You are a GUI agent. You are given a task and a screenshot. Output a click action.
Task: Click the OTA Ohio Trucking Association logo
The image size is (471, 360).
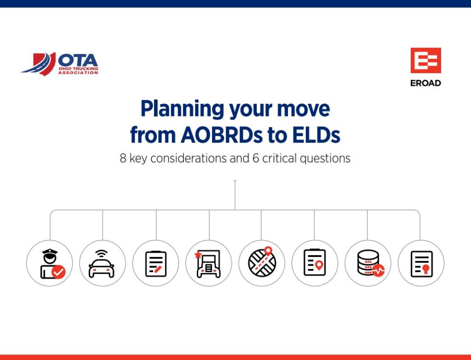point(60,63)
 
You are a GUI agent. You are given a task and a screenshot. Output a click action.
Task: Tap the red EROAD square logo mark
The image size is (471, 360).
point(425,60)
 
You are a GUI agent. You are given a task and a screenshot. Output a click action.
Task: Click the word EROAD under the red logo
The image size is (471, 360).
point(425,83)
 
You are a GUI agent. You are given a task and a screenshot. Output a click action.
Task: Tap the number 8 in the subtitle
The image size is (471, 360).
point(123,159)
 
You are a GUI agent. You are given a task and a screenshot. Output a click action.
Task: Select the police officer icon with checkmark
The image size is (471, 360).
point(50,263)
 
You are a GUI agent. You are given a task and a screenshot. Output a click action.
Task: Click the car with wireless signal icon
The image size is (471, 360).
point(103,263)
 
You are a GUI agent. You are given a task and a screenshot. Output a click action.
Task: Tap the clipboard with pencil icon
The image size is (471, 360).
point(156,263)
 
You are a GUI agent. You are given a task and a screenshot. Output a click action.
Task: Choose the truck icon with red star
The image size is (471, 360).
point(209,264)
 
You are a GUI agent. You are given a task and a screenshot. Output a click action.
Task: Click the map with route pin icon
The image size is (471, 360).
point(262,263)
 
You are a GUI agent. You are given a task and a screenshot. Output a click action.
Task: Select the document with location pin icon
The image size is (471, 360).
point(315,263)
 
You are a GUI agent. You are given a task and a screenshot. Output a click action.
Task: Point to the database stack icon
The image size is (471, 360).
point(368,263)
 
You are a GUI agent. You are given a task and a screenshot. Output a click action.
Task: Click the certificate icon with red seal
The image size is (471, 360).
point(421,263)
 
